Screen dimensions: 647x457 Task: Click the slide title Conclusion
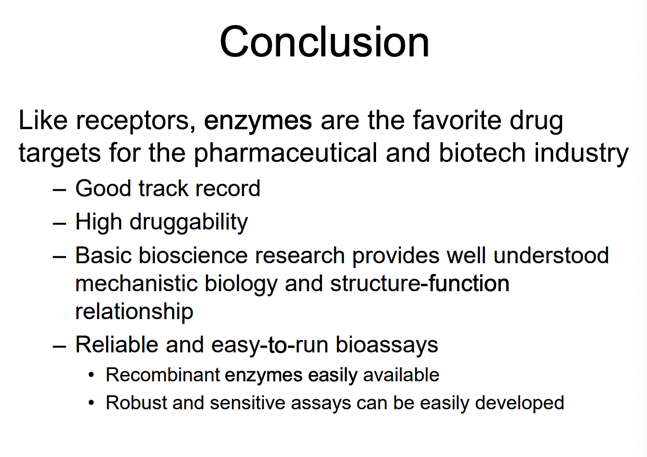tap(324, 42)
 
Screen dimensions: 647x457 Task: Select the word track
tap(163, 188)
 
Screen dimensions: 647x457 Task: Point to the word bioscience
tap(193, 255)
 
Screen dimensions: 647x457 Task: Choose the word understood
tap(551, 255)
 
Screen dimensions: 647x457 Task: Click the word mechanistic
tap(136, 283)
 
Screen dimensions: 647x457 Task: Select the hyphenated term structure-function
tap(420, 283)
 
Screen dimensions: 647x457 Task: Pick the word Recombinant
tap(163, 375)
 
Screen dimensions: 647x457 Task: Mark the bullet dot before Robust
tap(91, 403)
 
